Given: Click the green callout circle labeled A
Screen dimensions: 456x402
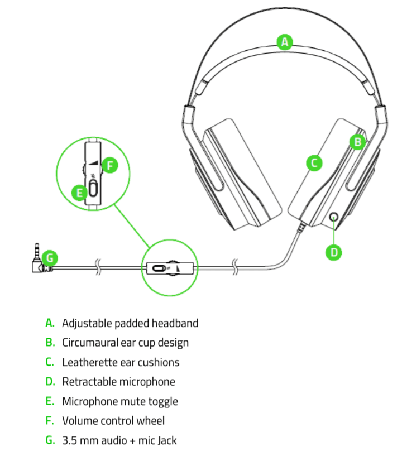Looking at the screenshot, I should tap(285, 42).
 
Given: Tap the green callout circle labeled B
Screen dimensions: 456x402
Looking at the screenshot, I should tap(358, 142).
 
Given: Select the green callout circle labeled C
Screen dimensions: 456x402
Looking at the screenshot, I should tap(314, 163).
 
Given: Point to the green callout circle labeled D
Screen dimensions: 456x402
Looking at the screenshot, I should tap(334, 252).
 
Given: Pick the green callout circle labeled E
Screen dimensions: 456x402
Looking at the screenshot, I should tap(80, 193).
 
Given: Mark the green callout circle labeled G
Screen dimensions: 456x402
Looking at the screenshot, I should tap(50, 258).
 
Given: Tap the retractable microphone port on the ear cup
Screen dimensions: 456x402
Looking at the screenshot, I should tap(334, 217).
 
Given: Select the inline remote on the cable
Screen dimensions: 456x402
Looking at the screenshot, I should tap(169, 268).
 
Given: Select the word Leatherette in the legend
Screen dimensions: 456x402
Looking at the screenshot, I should tap(88, 362).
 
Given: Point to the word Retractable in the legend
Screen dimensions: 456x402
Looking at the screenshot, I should tap(89, 382).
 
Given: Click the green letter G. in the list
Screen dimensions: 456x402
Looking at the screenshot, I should tap(50, 440).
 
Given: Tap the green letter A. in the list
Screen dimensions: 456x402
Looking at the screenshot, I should tap(50, 323).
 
